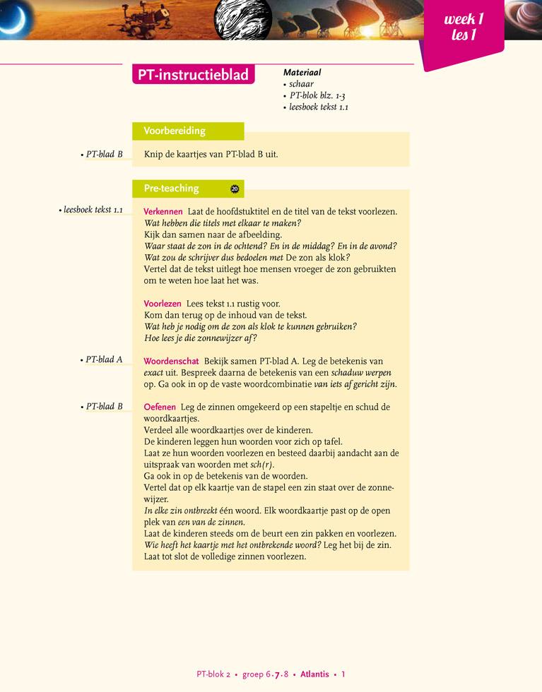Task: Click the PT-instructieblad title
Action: [194, 74]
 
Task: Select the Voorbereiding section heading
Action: [175, 131]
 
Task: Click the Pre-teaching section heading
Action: [172, 189]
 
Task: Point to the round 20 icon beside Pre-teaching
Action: [235, 189]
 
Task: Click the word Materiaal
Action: [302, 72]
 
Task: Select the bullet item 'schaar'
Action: [301, 84]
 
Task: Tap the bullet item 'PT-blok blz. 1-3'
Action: [317, 95]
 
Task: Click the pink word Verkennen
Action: [163, 212]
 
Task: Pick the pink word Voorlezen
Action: [163, 304]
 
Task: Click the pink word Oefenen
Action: [160, 407]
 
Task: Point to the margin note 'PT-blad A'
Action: [103, 359]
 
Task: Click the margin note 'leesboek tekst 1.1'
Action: [93, 210]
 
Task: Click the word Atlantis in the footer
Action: [314, 674]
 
